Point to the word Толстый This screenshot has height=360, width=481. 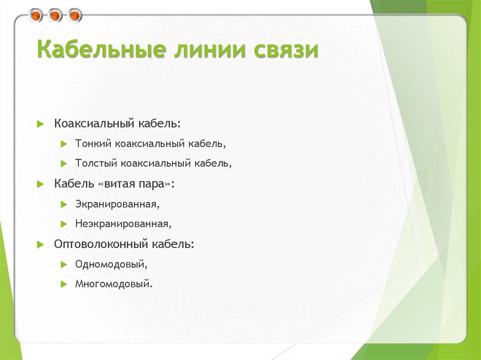tap(96, 163)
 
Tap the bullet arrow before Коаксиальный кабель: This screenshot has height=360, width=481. tap(40, 124)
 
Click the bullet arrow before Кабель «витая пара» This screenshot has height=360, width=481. tap(40, 184)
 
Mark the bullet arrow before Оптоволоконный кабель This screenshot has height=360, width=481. tap(40, 245)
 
